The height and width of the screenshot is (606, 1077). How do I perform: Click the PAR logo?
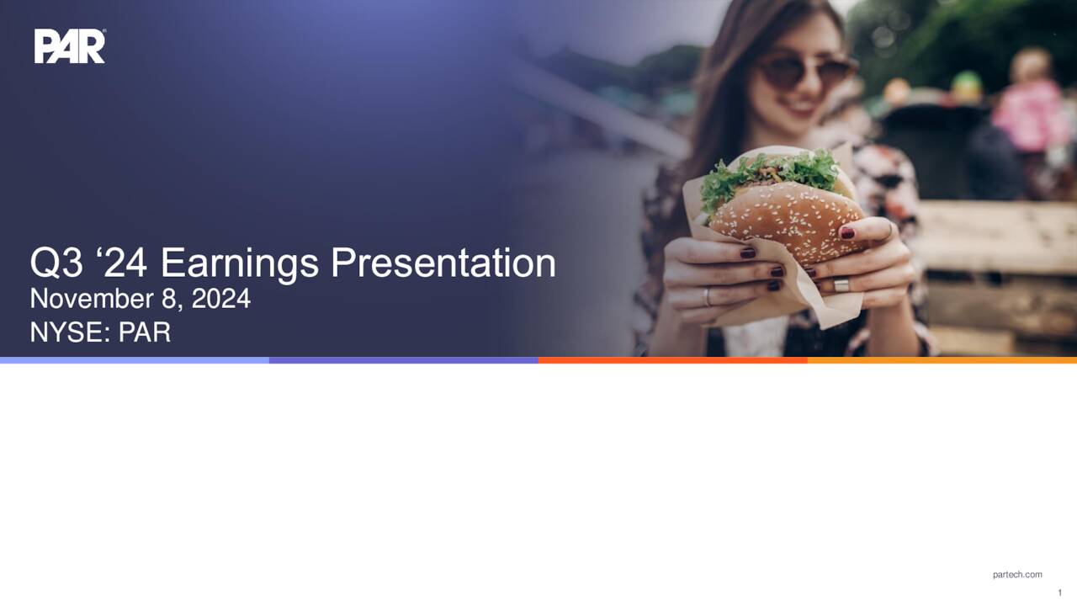[x=70, y=46]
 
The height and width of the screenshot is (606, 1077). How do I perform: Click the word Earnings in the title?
[x=240, y=263]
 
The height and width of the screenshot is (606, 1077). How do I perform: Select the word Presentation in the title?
[x=443, y=263]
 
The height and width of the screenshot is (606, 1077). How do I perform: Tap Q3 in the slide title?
[x=56, y=263]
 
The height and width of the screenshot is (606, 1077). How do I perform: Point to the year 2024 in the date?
[x=220, y=299]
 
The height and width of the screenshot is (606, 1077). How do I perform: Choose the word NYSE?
[x=66, y=332]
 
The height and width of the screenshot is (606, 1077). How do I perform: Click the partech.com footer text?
[x=1016, y=575]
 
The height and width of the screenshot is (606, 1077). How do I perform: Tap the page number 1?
[x=1059, y=593]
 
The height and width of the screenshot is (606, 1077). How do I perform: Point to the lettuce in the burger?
[x=766, y=173]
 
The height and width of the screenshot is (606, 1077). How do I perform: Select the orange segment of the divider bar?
[x=673, y=360]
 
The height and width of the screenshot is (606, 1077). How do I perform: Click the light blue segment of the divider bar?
[x=135, y=360]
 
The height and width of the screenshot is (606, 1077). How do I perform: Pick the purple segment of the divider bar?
[x=404, y=360]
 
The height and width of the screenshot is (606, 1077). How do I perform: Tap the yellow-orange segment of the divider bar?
[x=942, y=360]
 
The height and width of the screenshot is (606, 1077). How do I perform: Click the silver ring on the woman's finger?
[x=841, y=284]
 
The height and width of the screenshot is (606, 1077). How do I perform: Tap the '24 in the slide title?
[x=124, y=263]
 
